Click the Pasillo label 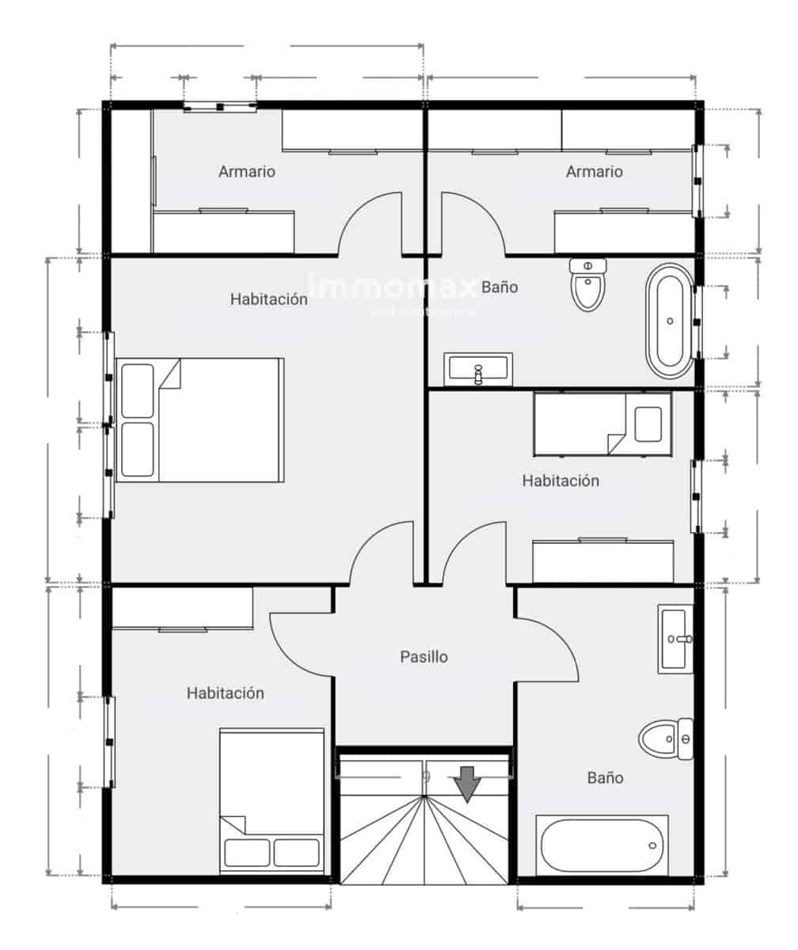424,656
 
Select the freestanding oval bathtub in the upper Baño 671,321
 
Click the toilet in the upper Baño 587,286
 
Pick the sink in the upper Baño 478,369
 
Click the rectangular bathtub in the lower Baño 602,845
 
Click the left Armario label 247,171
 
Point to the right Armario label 594,171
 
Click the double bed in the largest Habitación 200,420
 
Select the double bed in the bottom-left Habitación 272,800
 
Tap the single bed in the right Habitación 602,424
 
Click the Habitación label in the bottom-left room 225,693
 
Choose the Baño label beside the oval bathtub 500,287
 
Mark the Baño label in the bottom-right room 605,777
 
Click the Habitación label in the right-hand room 560,481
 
